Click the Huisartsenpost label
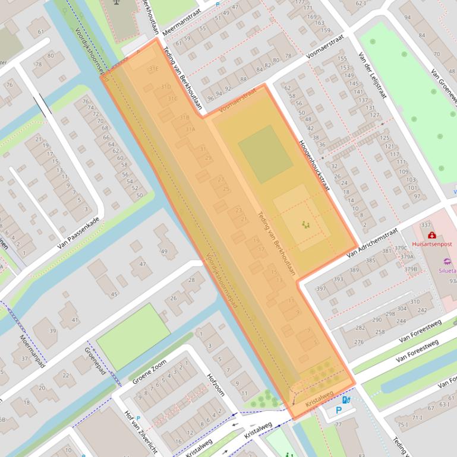coord(431,244)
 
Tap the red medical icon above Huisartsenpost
coord(431,235)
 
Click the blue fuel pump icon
coord(346,400)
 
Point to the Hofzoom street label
coord(215,385)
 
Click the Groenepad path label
coord(90,358)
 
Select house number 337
coord(425,226)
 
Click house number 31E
coord(153,69)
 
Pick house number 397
coord(321,288)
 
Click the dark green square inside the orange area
coord(266,154)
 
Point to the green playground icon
coord(305,224)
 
